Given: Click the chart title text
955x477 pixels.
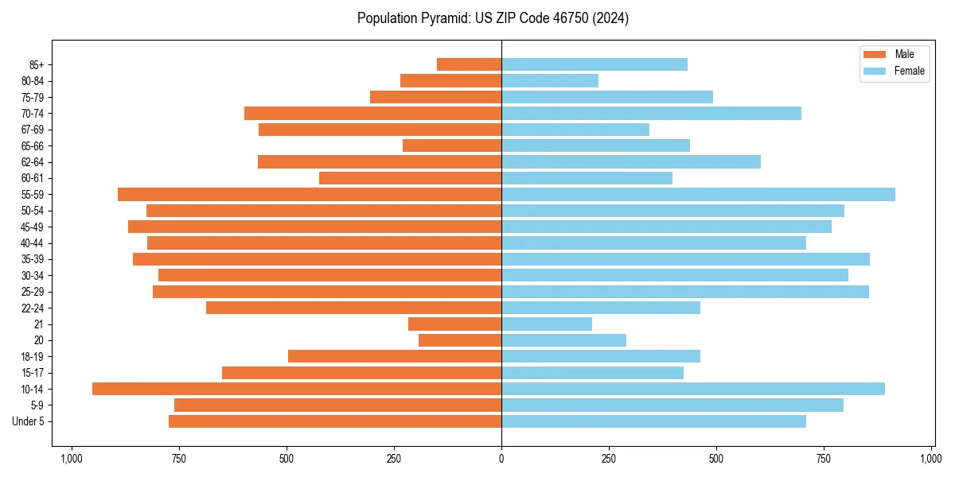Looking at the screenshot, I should pos(493,18).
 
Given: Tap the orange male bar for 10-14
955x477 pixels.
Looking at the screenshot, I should pos(297,389).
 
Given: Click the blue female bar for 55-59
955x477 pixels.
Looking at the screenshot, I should pos(698,194).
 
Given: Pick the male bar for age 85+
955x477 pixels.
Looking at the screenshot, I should pos(469,64).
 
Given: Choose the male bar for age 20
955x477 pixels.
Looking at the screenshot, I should pos(460,340).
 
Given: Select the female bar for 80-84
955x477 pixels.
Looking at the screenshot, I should pos(550,80).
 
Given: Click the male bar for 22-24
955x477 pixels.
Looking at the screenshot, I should pos(353,308).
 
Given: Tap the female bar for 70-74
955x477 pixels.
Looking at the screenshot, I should pos(651,113).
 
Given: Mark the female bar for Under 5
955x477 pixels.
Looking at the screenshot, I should pos(653,421).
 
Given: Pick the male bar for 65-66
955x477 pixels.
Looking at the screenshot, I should pos(452,145).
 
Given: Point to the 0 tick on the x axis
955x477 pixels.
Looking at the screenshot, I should pos(501,459).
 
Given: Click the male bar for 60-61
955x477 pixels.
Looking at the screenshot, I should pos(410,178).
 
